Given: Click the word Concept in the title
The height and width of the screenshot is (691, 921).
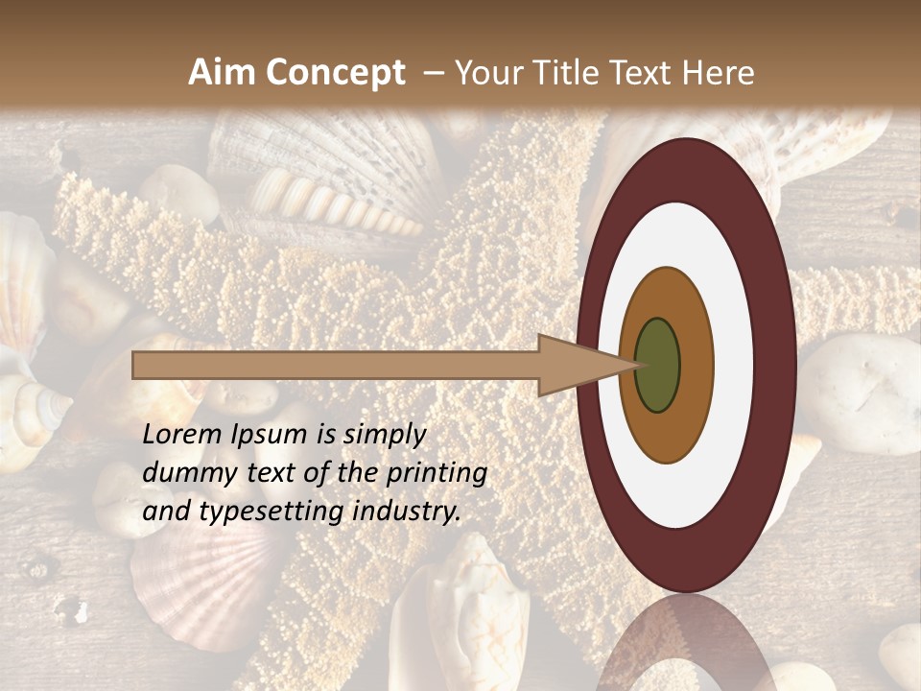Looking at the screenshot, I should click(335, 73).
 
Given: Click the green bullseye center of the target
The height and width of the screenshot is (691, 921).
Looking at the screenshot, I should click(658, 365).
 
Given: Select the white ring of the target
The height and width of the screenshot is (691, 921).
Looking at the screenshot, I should click(734, 366).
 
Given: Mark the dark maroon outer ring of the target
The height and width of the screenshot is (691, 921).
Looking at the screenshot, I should click(779, 366).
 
